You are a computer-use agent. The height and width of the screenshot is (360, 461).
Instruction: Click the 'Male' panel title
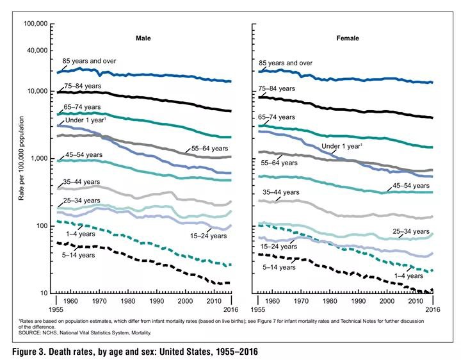point(143,38)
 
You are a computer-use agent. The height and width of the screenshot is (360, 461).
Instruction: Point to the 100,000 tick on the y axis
point(35,24)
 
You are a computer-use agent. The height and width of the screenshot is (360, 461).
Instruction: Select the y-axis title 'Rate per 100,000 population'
point(20,158)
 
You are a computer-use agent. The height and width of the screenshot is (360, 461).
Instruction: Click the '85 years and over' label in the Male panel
point(90,61)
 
